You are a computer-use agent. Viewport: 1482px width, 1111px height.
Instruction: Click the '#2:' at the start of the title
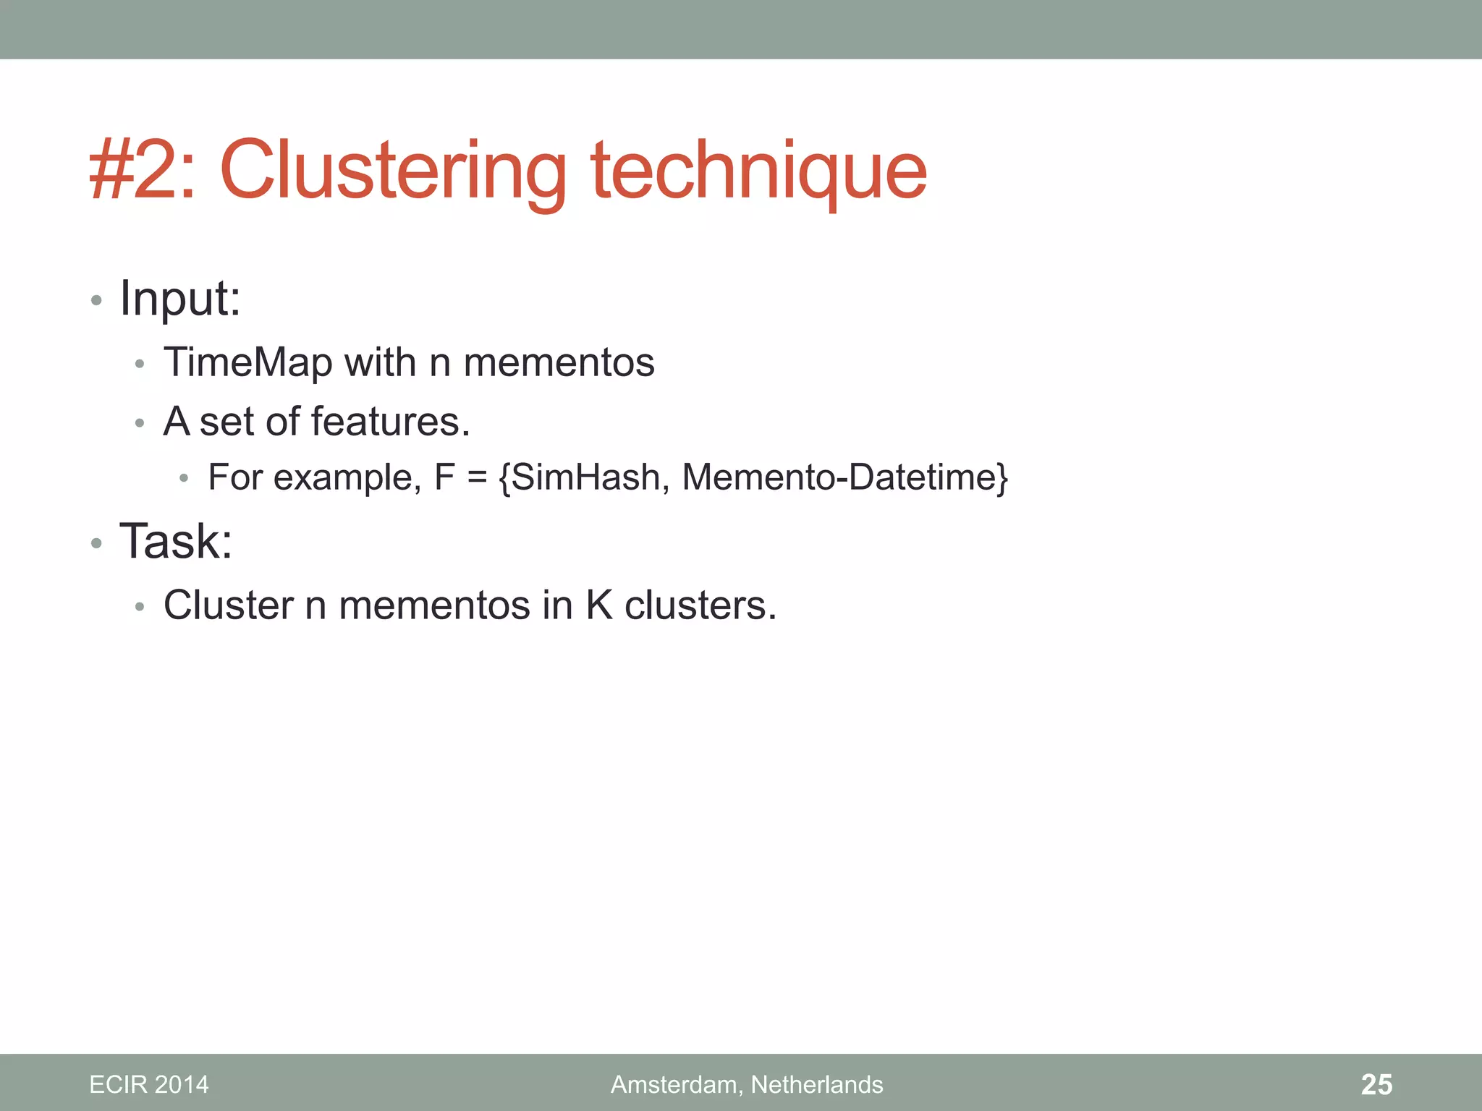142,171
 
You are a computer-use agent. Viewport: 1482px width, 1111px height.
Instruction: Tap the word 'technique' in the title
759,171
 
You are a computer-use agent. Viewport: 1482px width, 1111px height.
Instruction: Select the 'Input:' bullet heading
179,298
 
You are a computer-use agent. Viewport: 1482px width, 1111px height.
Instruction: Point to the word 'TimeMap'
247,362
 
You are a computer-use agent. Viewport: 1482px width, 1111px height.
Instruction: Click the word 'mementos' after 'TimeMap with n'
559,362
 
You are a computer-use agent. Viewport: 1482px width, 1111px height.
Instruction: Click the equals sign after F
477,478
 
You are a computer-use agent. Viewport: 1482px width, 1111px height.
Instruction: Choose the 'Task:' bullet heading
176,541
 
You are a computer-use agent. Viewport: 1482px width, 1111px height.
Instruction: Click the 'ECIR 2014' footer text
149,1084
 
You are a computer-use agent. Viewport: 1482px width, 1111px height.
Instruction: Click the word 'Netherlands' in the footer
817,1084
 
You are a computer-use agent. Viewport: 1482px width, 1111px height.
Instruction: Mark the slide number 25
1376,1084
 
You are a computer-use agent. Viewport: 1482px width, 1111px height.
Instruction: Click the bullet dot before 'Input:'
96,299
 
